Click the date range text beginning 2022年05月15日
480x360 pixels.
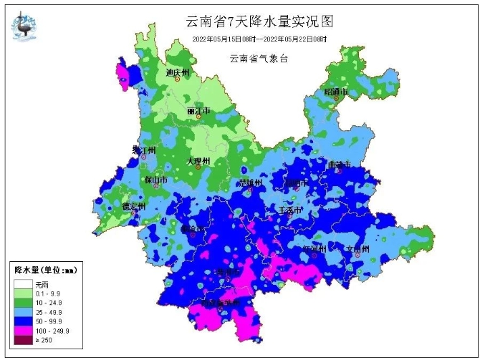259,39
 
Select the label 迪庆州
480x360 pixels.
177,73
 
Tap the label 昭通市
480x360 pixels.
335,92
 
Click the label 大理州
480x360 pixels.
197,162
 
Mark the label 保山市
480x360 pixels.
155,180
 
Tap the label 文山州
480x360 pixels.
357,250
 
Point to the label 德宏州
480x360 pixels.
133,207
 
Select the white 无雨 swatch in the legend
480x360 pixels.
22,283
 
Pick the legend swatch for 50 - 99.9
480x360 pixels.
22,323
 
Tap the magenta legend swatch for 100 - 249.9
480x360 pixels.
22,333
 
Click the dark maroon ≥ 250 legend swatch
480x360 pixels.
22,343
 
